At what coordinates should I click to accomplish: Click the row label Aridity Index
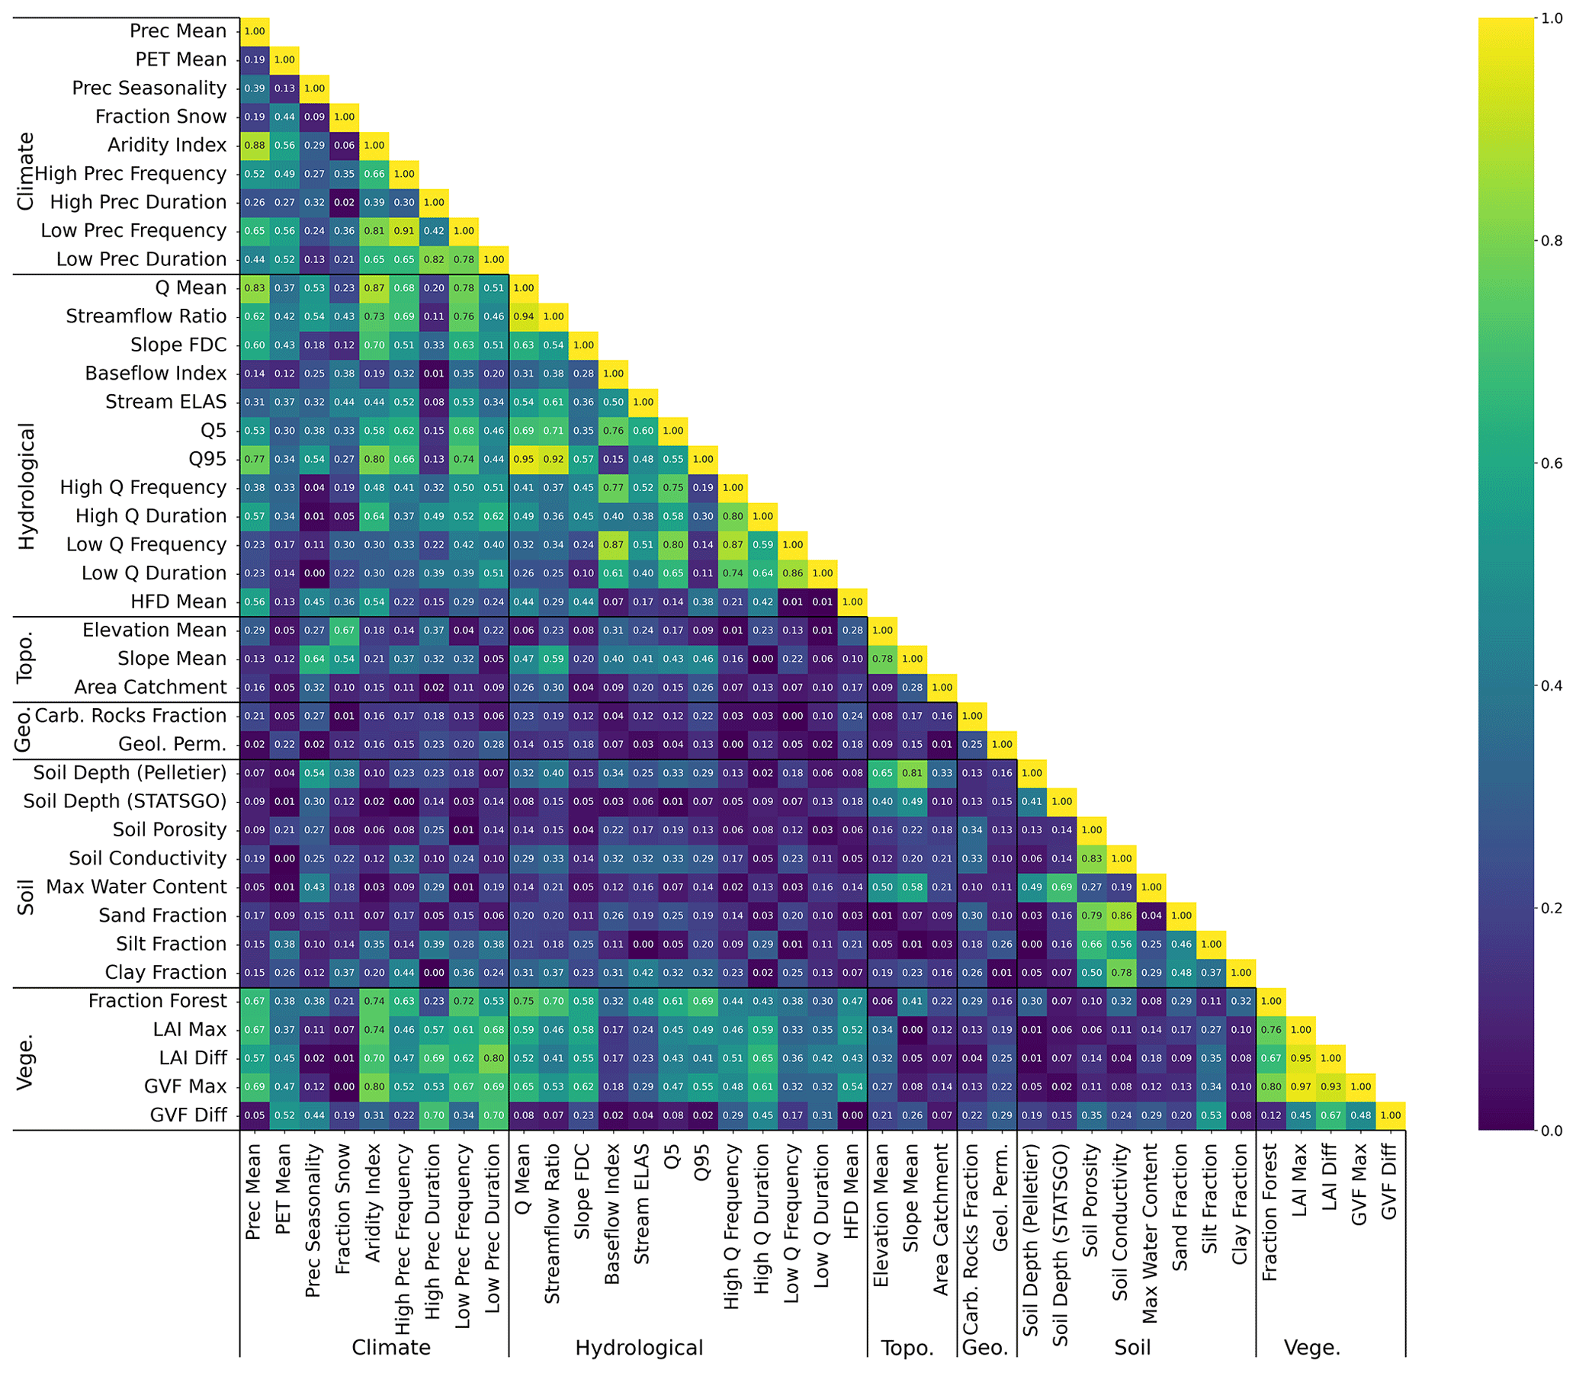167,145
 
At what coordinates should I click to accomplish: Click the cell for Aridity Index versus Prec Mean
255,146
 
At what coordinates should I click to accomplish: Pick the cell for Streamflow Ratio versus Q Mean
523,316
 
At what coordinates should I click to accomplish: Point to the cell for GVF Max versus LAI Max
1300,1086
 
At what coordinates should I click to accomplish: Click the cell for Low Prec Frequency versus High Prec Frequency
404,231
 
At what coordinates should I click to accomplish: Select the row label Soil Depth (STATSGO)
125,801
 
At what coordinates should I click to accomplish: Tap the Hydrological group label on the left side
27,486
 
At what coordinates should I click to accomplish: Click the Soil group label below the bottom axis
1132,1348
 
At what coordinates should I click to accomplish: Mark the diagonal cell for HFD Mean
852,601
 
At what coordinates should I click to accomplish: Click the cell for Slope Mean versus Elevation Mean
882,659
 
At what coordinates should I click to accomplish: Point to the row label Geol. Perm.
172,744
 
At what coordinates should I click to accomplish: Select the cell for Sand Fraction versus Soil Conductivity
1121,916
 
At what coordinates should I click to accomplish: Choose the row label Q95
207,459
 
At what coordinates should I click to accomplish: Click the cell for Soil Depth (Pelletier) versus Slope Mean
912,773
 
